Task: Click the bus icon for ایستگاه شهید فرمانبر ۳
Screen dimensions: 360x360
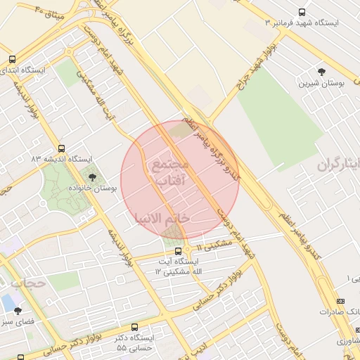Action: coord(302,12)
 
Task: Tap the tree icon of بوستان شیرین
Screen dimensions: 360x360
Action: coord(322,72)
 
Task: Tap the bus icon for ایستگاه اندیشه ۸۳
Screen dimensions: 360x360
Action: coord(62,148)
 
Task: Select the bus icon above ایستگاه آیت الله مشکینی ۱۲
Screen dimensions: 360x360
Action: coord(178,250)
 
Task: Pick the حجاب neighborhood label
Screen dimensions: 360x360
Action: coord(27,283)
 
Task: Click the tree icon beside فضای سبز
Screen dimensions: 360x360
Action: coord(18,311)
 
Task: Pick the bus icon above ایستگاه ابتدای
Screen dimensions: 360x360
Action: coord(11,60)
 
